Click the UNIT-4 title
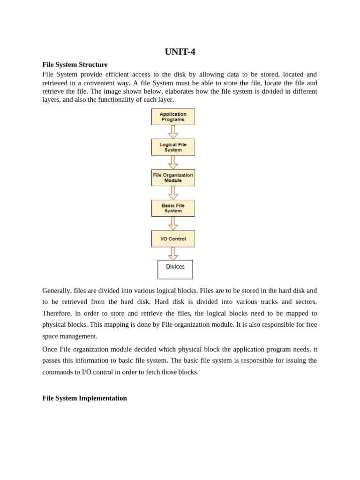[x=180, y=52]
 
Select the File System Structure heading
[x=75, y=65]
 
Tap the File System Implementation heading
[x=84, y=398]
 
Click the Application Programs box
[x=173, y=117]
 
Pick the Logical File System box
[x=173, y=147]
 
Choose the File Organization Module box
[x=173, y=178]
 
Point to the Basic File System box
[x=173, y=208]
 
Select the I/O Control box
[x=173, y=239]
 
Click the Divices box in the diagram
[x=175, y=269]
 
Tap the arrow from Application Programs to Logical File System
[x=173, y=132]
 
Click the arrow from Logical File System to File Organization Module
[x=173, y=162]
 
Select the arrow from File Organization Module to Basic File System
[x=173, y=193]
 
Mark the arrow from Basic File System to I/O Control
[x=173, y=223]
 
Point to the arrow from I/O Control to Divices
[x=173, y=254]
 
